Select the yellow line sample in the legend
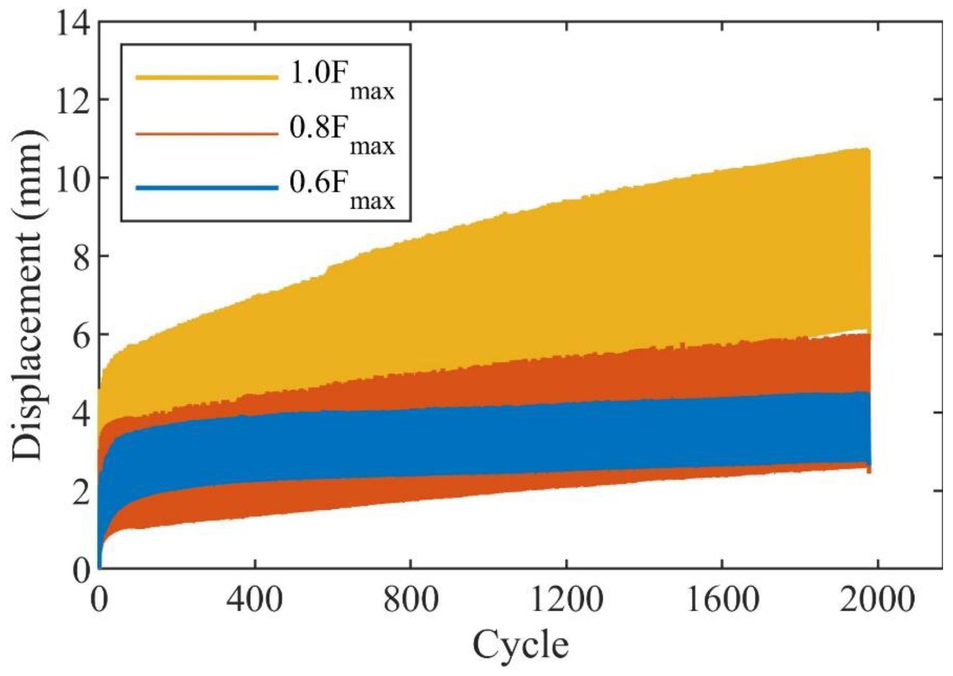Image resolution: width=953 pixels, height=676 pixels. point(207,77)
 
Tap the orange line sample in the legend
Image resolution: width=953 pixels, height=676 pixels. point(207,133)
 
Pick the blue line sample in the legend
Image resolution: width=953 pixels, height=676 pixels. point(207,188)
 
